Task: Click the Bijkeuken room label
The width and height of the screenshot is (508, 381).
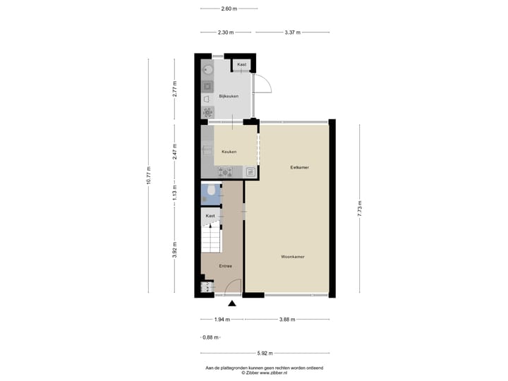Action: coord(229,96)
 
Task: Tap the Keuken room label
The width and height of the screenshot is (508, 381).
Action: coord(229,152)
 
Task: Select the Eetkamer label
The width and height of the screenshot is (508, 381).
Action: coord(300,167)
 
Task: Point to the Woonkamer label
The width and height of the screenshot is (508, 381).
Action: coord(292,257)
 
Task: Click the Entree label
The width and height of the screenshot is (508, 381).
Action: coord(225,266)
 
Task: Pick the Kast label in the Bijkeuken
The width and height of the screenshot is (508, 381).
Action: coord(242,65)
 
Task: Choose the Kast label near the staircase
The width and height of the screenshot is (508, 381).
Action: coord(210,215)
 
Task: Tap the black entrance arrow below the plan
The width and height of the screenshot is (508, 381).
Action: coord(232,303)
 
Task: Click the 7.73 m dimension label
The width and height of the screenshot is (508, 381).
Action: coord(358,209)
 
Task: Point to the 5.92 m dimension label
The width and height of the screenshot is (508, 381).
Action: coord(265,353)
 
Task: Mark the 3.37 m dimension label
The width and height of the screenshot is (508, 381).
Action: coord(293,32)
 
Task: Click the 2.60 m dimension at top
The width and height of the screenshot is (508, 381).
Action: coord(229,9)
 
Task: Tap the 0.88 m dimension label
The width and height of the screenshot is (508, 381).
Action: coord(210,337)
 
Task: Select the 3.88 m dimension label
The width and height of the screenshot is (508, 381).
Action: coord(286,320)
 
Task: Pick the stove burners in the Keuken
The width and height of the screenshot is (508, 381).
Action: coord(225,171)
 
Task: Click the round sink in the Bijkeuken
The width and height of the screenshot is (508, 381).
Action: coord(207,70)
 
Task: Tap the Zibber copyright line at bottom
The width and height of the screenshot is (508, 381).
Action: coord(264,373)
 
